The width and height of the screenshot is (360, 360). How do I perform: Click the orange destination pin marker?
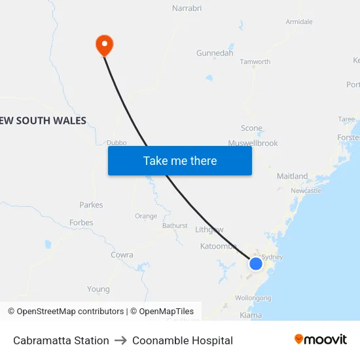[104, 45]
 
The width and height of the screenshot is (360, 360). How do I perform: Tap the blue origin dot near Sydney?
[255, 264]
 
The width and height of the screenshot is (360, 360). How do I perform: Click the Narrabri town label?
[187, 9]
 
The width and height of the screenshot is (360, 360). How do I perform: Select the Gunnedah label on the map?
[215, 53]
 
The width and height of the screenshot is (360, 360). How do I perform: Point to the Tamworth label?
[255, 62]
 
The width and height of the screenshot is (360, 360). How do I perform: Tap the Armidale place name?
[299, 22]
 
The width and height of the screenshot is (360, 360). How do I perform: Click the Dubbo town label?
[117, 142]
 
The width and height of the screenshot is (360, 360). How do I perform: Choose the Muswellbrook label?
[253, 143]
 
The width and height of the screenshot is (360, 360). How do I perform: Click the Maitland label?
[292, 176]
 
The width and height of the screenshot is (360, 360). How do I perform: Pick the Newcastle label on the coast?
[306, 190]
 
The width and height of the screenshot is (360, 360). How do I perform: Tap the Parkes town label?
[91, 205]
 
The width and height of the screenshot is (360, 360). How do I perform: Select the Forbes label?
[81, 223]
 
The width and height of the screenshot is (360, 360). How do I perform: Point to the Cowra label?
[122, 255]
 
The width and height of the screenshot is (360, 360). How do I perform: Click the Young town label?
[98, 289]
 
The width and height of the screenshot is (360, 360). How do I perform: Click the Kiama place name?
[251, 315]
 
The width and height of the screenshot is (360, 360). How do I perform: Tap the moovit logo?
[321, 340]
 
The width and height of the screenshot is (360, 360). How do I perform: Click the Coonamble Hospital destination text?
[183, 340]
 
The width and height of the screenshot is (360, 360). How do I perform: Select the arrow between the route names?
[120, 340]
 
